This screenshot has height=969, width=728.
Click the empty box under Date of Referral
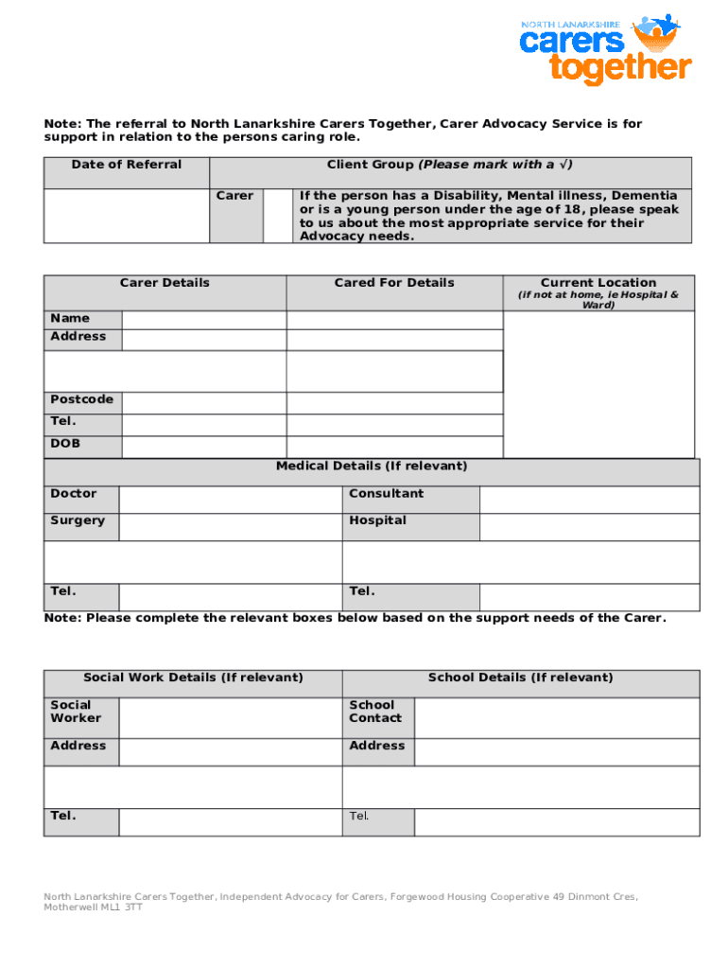tap(126, 216)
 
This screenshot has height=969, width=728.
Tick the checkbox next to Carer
tap(277, 216)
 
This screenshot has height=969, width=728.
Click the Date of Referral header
tap(126, 166)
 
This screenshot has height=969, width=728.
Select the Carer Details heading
tap(165, 283)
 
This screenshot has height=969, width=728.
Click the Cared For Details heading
tap(394, 283)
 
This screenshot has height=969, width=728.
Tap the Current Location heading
tap(598, 283)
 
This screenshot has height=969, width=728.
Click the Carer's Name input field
tap(203, 319)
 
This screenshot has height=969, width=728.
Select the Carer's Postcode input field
tap(203, 400)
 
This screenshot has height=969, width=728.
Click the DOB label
tap(65, 444)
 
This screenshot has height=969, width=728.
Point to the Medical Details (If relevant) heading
tap(372, 467)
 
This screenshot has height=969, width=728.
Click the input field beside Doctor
tap(230, 500)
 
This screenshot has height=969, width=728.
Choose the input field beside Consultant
tap(589, 500)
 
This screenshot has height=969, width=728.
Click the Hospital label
tap(377, 520)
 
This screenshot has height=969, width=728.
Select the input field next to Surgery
tap(230, 527)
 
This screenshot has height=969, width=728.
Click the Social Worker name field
tap(230, 717)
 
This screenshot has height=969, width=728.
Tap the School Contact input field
tap(557, 717)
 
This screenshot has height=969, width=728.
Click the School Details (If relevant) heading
tap(520, 678)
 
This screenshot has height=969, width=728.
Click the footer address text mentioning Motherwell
tap(340, 901)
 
